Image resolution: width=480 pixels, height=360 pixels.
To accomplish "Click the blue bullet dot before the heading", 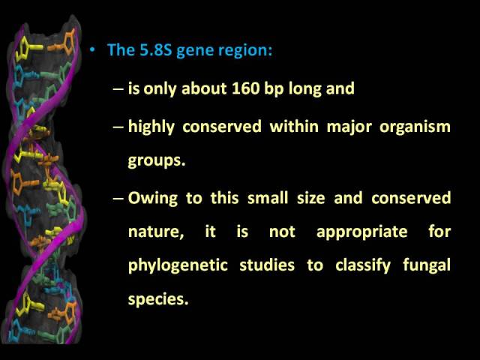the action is click(92, 49).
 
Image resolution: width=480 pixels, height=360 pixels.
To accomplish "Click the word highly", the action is click(151, 127).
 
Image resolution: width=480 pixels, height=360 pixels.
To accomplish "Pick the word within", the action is click(294, 126).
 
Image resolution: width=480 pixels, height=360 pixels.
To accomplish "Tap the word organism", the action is click(415, 127).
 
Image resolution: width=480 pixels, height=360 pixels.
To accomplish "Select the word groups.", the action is click(157, 160).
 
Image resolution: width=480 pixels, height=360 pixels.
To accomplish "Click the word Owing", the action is click(153, 199).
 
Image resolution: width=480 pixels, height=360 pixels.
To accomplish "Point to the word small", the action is click(268, 198).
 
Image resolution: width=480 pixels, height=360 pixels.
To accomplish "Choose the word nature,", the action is click(156, 232).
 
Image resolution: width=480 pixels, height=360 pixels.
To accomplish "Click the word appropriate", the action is click(362, 232).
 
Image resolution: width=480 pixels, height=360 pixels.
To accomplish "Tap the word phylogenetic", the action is click(178, 265).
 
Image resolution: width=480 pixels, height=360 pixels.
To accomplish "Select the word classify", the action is click(363, 265).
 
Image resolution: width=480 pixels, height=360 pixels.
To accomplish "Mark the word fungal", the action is click(427, 265).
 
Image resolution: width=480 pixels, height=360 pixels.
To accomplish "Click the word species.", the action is click(158, 299).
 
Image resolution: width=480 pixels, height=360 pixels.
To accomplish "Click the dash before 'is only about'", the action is click(118, 89).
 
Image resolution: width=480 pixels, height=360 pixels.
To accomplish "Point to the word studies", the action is click(267, 265).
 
